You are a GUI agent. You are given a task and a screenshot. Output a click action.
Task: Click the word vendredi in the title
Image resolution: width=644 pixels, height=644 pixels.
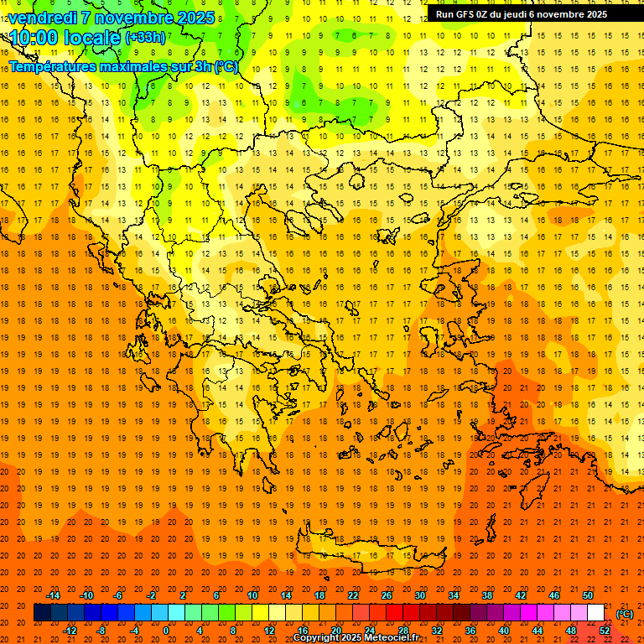click(x=41, y=18)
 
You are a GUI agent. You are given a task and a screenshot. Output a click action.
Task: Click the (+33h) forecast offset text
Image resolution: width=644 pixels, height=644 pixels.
click(x=145, y=38)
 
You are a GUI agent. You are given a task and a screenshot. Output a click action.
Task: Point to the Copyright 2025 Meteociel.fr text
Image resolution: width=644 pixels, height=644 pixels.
click(x=356, y=638)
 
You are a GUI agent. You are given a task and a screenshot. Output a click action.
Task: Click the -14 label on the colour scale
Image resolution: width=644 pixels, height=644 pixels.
click(x=54, y=595)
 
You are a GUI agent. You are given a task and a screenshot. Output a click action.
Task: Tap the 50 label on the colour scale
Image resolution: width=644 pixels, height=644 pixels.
click(x=588, y=595)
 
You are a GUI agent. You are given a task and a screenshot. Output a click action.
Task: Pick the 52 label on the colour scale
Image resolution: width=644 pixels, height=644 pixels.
click(x=605, y=631)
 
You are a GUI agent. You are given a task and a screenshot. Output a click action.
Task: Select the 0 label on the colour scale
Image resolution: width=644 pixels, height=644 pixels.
click(x=166, y=631)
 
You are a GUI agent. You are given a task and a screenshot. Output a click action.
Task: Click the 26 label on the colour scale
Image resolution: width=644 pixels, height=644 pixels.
click(x=387, y=595)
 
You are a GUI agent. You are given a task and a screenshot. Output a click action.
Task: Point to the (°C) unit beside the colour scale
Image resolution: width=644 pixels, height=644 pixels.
click(x=625, y=614)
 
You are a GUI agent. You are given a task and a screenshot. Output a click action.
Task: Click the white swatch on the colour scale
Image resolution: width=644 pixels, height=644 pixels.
click(x=595, y=613)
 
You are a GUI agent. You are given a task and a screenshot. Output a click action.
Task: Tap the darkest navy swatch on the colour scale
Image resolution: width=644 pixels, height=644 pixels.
click(x=42, y=613)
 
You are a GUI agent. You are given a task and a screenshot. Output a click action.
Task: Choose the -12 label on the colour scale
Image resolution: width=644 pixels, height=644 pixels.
click(x=70, y=631)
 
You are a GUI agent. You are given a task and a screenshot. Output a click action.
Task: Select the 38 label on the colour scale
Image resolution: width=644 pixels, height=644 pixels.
click(x=487, y=595)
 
